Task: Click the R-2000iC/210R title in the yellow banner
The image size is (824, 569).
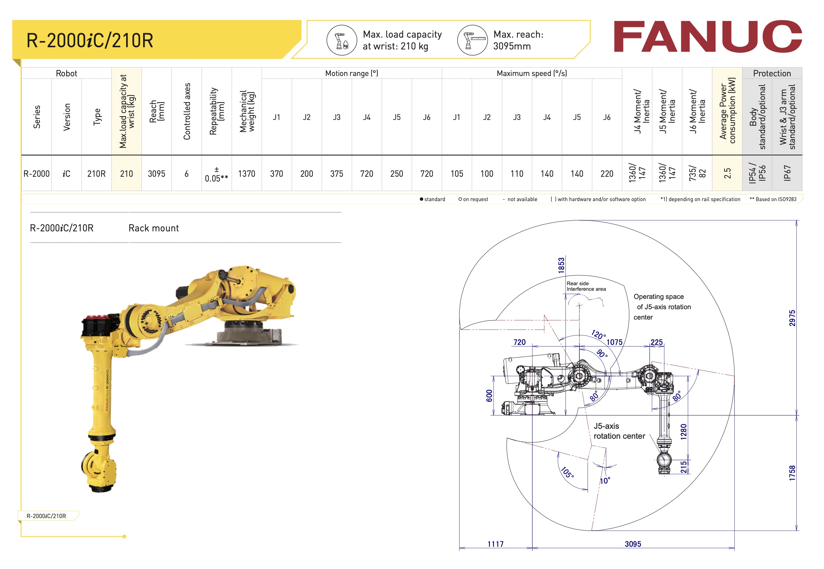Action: point(90,40)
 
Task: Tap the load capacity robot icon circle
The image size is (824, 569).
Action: point(342,40)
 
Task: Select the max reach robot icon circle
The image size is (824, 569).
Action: point(472,40)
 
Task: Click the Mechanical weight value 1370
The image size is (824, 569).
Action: point(246,173)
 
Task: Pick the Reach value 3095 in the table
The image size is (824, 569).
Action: point(156,173)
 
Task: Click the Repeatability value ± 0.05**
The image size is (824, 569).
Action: point(217,175)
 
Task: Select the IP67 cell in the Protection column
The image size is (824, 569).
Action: point(787,173)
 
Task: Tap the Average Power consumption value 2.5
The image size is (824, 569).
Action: point(727,173)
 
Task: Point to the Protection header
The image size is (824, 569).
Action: point(772,73)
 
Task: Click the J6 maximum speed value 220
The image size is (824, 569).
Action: point(607,173)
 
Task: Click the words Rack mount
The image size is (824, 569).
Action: point(153,228)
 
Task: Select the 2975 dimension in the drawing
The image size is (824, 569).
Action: point(792,318)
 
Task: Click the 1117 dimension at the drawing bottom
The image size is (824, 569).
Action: point(495,544)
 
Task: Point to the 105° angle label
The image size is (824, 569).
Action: point(567,472)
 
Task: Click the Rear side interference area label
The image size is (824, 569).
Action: point(586,286)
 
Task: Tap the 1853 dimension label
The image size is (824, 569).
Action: point(561,265)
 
